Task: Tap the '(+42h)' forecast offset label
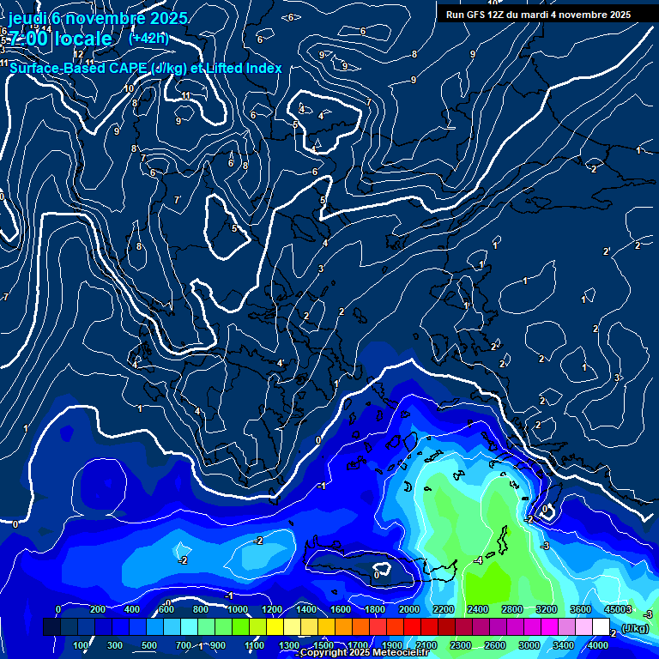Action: (148, 38)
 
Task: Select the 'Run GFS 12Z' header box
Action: (538, 14)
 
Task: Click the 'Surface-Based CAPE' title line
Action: (146, 68)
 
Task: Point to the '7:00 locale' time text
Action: (60, 39)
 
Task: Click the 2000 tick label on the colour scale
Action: (409, 609)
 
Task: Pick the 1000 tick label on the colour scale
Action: (236, 609)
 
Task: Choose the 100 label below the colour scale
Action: (82, 645)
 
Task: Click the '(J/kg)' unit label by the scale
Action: (635, 628)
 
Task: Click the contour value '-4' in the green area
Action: (478, 560)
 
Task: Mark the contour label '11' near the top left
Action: (186, 95)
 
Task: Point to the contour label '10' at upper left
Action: (129, 88)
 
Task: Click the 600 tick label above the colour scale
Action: (166, 609)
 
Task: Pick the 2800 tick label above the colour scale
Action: (512, 609)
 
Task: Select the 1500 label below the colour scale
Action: (323, 645)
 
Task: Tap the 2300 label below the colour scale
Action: (461, 645)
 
